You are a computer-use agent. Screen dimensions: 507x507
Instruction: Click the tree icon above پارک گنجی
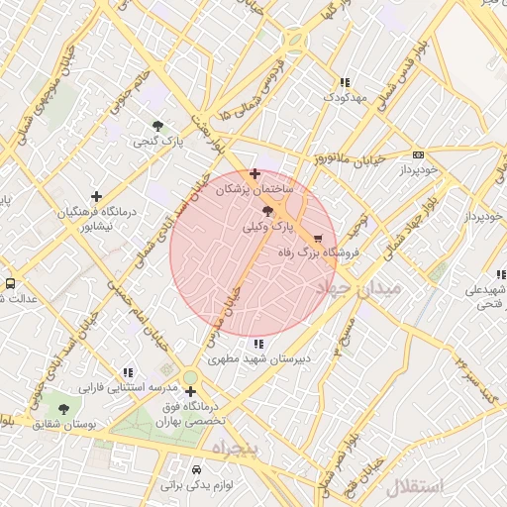pos(158,126)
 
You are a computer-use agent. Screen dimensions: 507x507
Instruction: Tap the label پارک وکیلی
pos(268,226)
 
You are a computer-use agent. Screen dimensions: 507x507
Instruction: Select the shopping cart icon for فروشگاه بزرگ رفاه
pos(318,239)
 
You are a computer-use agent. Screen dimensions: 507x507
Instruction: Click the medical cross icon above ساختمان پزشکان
pos(255,173)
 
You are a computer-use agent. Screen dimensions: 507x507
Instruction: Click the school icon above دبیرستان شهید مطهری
pos(258,344)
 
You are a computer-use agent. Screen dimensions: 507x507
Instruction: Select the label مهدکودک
pos(344,98)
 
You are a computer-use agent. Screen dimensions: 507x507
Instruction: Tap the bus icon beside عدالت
pos(10,283)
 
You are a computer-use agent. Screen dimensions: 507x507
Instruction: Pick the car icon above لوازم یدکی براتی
pos(194,468)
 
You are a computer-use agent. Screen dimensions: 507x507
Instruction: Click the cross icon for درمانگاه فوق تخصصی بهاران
pos(189,391)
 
